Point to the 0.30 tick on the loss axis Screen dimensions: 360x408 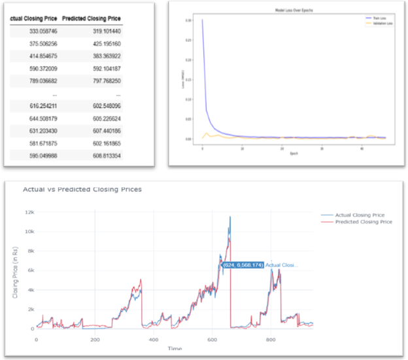189,20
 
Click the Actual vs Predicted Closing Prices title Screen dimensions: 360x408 82,189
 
